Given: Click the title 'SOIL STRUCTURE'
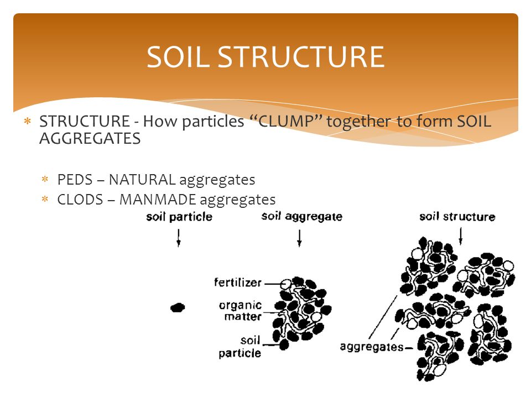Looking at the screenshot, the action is point(265,57).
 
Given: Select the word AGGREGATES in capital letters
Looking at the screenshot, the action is point(90,138).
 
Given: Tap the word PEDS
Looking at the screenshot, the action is point(75,180).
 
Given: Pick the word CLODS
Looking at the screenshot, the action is point(80,200).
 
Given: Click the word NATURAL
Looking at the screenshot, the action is point(142,180).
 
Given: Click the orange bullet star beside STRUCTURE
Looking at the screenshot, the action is point(28,121).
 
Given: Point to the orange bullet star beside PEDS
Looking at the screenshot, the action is point(45,179).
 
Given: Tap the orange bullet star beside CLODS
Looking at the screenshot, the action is point(45,199).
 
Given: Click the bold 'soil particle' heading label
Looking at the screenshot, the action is point(179,217).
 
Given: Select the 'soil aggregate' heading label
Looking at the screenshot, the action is point(302,217).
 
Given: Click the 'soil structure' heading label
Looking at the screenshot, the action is point(457,217).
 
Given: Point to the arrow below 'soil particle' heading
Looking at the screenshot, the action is point(179,238).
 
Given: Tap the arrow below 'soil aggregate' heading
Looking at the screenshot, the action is point(299,238).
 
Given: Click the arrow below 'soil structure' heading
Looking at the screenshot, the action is point(460,236).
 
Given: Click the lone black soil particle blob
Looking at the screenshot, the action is point(178,308).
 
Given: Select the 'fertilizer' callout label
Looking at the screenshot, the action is point(238,282).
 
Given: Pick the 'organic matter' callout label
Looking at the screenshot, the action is point(241,311).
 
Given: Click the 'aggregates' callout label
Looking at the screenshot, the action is point(372,347).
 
